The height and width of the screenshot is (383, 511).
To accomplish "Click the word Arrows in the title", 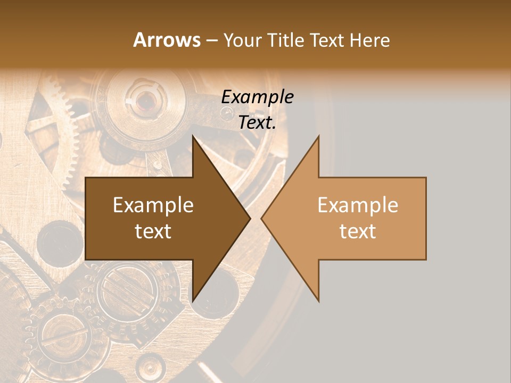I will (x=167, y=40).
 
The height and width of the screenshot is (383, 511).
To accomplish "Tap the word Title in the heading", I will (x=285, y=40).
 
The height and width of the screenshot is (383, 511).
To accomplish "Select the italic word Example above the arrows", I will (x=257, y=97).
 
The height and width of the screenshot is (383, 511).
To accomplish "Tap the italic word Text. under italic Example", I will (x=257, y=123).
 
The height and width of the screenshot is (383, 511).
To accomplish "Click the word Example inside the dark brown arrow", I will (x=153, y=205).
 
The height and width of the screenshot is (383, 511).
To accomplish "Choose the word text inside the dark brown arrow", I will (x=153, y=231).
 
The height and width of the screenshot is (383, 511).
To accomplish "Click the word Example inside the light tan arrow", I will (x=358, y=205).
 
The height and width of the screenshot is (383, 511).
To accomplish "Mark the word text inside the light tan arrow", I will (x=358, y=231).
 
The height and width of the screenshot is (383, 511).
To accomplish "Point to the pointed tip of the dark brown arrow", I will (x=250, y=219).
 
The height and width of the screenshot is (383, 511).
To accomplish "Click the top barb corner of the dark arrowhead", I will (x=193, y=136).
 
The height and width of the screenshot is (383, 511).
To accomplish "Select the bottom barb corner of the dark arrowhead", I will (x=193, y=301).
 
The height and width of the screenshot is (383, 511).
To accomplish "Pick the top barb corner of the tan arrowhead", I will (x=318, y=136).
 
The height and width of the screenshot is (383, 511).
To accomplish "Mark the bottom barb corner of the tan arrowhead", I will (x=318, y=301).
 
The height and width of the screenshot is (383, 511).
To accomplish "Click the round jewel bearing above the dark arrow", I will (x=144, y=98).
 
